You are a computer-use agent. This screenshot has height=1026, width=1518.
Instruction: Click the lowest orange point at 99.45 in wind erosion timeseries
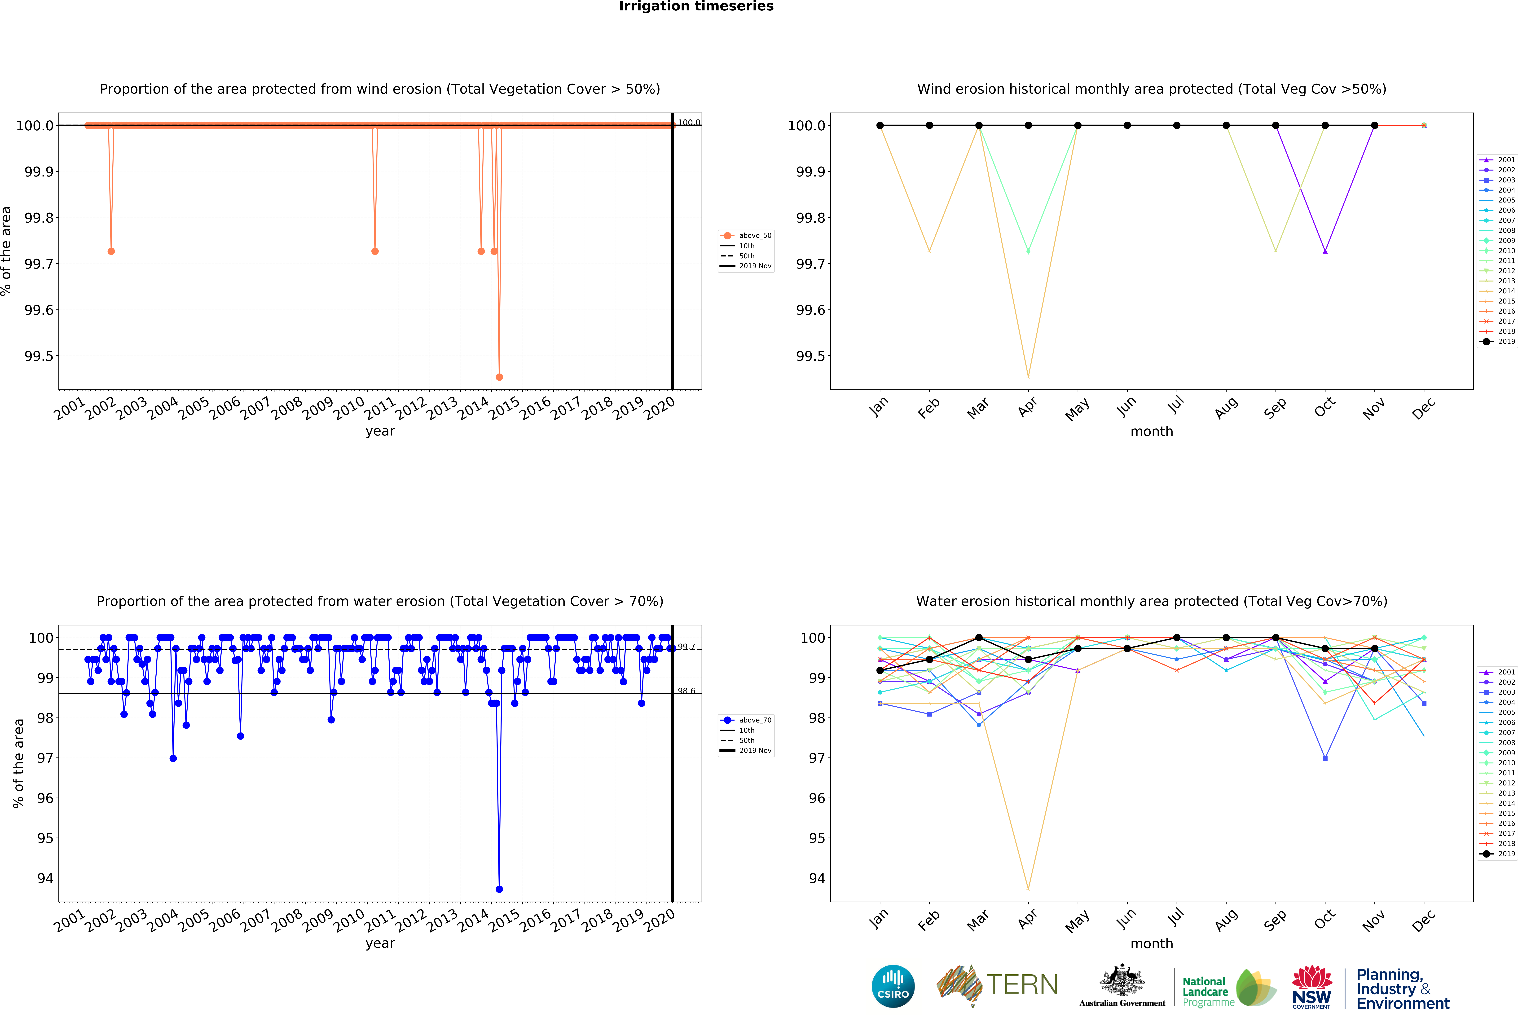point(499,377)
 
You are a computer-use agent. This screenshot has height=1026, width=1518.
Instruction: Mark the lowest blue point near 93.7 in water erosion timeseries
point(499,889)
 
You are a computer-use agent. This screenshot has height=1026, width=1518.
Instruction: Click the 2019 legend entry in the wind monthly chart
point(1498,342)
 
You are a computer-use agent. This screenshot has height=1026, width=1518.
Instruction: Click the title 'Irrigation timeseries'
point(696,7)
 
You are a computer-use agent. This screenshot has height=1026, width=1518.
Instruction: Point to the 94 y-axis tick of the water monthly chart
point(817,878)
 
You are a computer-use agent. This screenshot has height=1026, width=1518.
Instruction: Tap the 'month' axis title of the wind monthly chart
point(1152,432)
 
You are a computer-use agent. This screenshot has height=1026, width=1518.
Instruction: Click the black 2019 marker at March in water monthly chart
point(978,637)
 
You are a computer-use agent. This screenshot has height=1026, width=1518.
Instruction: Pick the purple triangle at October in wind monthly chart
point(1325,251)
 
